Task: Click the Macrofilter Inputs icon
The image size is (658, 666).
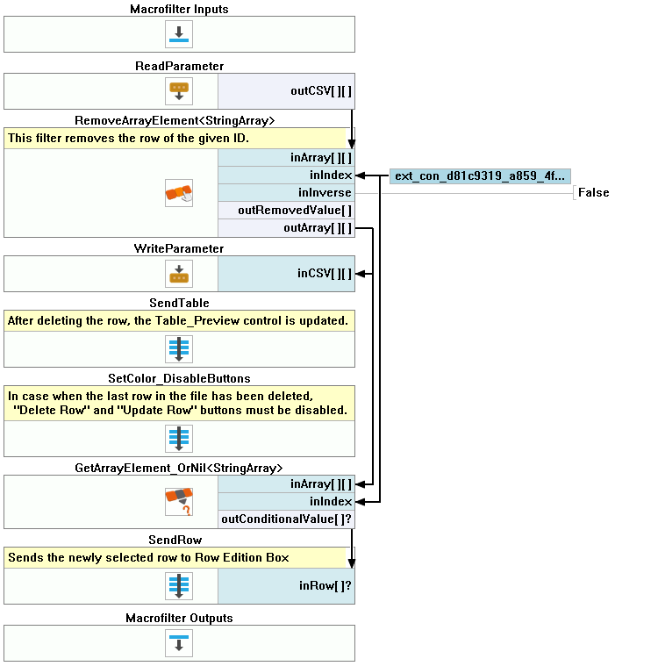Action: [x=179, y=34]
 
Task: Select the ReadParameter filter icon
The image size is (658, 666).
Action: [x=179, y=90]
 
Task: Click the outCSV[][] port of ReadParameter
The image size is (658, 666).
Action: [x=321, y=90]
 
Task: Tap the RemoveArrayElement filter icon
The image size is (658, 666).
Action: [x=179, y=193]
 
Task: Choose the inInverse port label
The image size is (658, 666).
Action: [x=325, y=192]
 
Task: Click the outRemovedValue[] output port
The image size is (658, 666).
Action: [x=295, y=211]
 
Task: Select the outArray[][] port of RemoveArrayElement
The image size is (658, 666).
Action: [x=318, y=228]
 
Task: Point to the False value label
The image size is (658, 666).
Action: [x=593, y=192]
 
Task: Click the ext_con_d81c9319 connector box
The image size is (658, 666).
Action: [x=480, y=175]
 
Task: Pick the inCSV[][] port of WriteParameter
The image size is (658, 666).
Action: [x=325, y=274]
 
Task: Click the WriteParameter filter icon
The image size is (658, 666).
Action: [x=179, y=274]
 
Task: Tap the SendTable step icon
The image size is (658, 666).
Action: [x=179, y=349]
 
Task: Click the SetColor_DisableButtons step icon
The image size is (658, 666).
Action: [x=179, y=438]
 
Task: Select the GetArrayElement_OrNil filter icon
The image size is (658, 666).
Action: [x=179, y=502]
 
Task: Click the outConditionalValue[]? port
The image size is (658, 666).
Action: [x=287, y=519]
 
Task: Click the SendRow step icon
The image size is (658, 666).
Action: [x=179, y=586]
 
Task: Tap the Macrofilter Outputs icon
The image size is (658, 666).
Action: [x=179, y=643]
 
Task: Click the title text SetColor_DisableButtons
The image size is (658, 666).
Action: [x=179, y=378]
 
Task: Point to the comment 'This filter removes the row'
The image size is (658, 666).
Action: [x=128, y=139]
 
